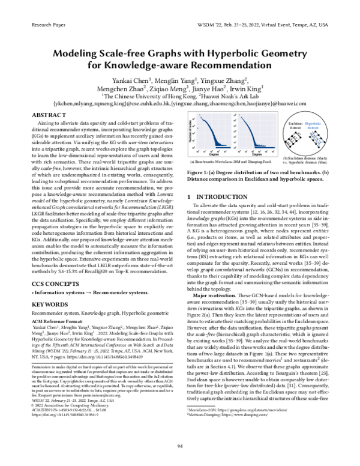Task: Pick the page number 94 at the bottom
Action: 179,446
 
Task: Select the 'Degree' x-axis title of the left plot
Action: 215,154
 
